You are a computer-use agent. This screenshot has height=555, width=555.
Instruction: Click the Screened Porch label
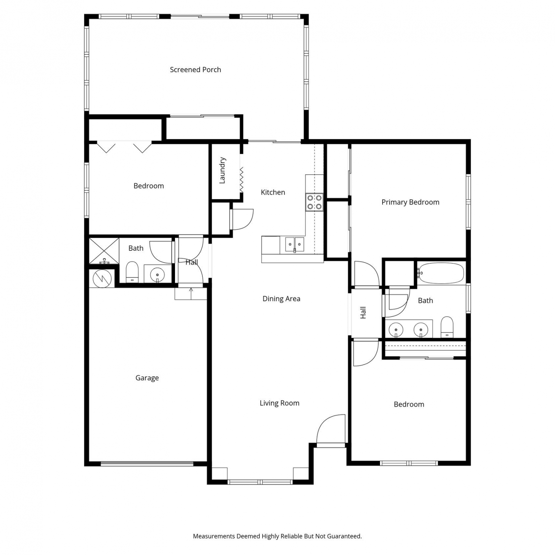[195, 70]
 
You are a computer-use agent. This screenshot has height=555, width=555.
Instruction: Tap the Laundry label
[222, 170]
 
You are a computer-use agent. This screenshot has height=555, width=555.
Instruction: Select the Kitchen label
[273, 192]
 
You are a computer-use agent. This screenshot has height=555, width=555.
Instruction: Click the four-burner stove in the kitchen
[314, 202]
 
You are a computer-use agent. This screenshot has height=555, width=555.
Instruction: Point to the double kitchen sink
[295, 245]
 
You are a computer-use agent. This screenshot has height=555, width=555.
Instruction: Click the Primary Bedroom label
[410, 202]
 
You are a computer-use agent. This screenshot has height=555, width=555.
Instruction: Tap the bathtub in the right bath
[441, 273]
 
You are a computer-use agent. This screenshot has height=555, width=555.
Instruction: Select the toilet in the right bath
[447, 327]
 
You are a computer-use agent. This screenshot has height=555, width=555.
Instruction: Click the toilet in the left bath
[132, 272]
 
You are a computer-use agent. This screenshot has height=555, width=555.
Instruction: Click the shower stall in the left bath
[104, 251]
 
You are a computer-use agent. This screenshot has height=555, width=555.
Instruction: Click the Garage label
[147, 378]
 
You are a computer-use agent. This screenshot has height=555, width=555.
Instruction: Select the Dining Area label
[281, 299]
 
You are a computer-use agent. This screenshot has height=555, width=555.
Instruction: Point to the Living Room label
[279, 403]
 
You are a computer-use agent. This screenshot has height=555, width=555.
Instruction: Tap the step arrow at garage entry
[191, 293]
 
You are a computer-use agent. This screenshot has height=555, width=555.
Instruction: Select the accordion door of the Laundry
[241, 179]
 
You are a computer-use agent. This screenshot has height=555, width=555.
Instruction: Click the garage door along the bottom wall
[147, 463]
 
